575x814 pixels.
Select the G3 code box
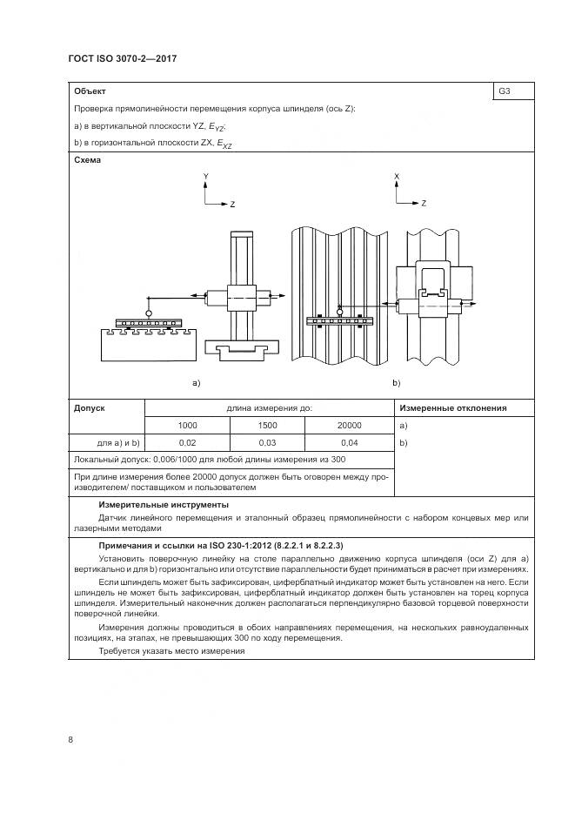pyautogui.click(x=505, y=91)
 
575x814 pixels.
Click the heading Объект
pyautogui.click(x=90, y=91)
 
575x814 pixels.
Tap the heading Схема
pyautogui.click(x=88, y=160)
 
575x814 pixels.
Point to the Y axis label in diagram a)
pyautogui.click(x=205, y=176)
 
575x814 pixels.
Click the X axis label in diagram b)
pyautogui.click(x=397, y=176)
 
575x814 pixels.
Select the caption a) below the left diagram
pyautogui.click(x=197, y=382)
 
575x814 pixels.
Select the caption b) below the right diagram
pyautogui.click(x=397, y=382)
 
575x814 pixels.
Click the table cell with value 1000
pyautogui.click(x=187, y=425)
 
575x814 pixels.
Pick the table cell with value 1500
pyautogui.click(x=268, y=425)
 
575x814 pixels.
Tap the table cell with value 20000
pyautogui.click(x=351, y=425)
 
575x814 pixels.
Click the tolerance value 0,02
pyautogui.click(x=187, y=443)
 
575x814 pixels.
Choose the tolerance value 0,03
pyautogui.click(x=268, y=443)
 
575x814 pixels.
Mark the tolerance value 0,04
pyautogui.click(x=351, y=443)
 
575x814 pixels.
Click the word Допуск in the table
pyautogui.click(x=90, y=407)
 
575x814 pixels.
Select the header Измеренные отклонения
pyautogui.click(x=452, y=407)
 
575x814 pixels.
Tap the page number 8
pyautogui.click(x=70, y=739)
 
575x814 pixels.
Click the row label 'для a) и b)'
pyautogui.click(x=117, y=443)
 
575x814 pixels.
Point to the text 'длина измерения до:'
pyautogui.click(x=269, y=407)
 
